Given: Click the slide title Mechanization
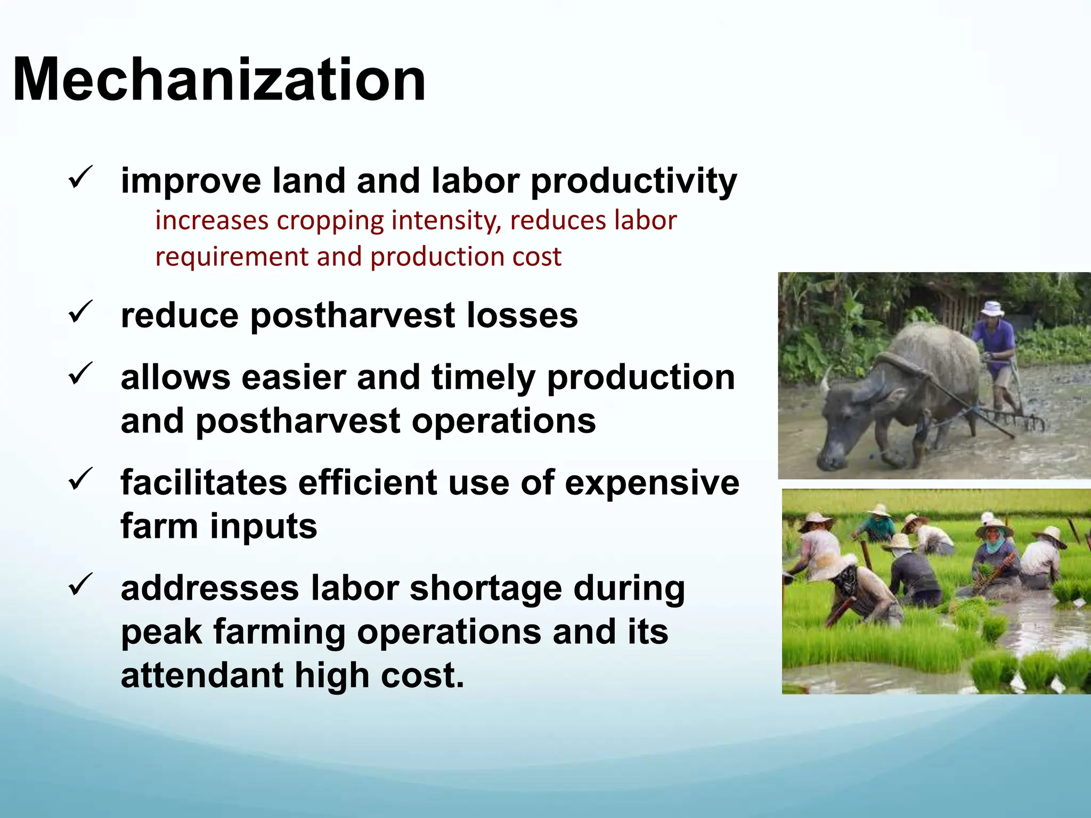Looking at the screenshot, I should [219, 80].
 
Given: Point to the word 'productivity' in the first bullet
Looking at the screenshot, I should [634, 181].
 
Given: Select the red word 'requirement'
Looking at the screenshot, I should [231, 257].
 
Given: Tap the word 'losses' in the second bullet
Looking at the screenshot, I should [522, 315].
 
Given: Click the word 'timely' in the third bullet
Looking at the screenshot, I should [483, 378].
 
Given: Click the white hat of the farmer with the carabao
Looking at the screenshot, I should [992, 308].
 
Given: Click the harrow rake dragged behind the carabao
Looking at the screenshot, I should [1012, 418].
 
